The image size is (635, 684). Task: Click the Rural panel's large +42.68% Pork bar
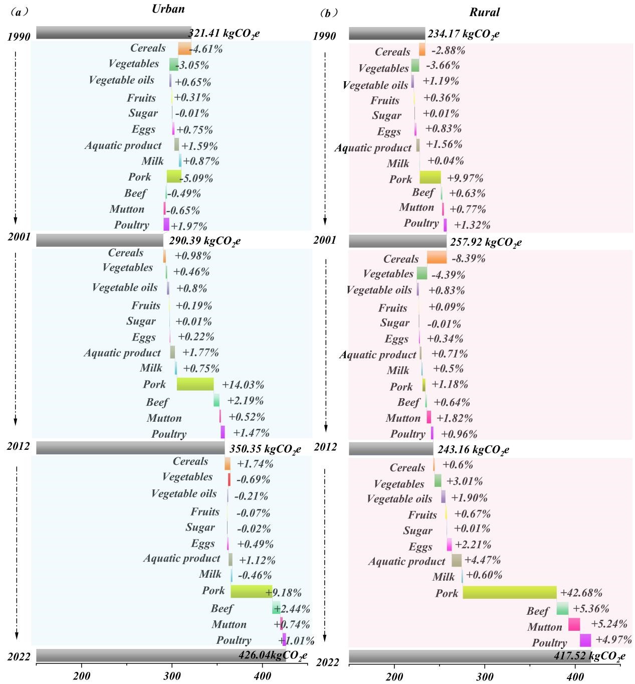click(509, 592)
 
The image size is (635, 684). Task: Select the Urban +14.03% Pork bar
click(195, 384)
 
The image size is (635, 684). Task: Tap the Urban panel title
click(168, 9)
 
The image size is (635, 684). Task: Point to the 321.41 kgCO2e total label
click(224, 34)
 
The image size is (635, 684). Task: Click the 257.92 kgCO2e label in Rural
click(486, 243)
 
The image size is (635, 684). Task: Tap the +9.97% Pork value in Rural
click(466, 178)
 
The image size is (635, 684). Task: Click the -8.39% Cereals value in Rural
click(468, 259)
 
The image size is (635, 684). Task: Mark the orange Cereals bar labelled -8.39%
click(437, 257)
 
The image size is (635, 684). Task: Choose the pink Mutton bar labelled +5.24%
click(574, 624)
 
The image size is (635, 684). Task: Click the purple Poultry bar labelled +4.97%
click(585, 640)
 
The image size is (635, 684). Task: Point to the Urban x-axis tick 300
click(172, 676)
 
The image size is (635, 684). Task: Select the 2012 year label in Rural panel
click(325, 447)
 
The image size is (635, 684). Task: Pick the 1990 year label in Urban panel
click(19, 37)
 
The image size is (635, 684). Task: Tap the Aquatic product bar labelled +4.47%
click(456, 560)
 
